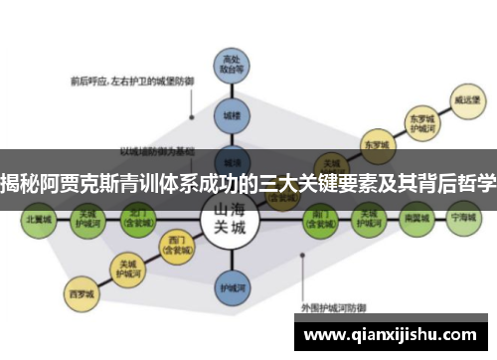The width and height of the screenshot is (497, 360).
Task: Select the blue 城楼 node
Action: point(232,116)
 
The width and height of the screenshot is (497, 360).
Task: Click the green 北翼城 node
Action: point(39,217)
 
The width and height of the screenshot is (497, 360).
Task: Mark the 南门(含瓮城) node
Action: point(322,217)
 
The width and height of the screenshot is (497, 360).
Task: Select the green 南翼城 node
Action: point(416,217)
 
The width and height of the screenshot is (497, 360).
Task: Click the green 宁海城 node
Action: point(463,217)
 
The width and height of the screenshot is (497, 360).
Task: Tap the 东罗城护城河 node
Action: point(422,122)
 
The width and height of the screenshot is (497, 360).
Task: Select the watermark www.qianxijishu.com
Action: point(392,334)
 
